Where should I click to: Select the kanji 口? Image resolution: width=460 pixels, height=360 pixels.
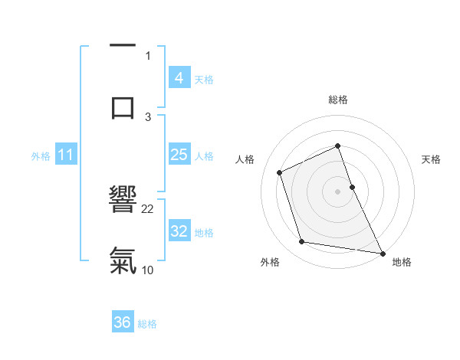click(x=123, y=106)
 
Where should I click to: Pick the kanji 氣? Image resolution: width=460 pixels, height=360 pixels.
click(x=123, y=260)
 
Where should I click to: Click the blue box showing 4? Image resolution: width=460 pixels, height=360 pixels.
click(x=179, y=77)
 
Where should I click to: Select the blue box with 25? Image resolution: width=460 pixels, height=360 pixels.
click(x=179, y=155)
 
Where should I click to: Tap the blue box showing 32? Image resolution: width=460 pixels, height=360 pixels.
click(x=179, y=231)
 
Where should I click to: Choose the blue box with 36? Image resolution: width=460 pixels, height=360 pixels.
click(x=123, y=322)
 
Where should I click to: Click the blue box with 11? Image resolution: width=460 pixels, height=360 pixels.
click(x=66, y=155)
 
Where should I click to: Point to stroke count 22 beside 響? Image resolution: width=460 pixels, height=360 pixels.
click(x=148, y=208)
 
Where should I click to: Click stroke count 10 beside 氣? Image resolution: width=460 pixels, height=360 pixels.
click(x=148, y=270)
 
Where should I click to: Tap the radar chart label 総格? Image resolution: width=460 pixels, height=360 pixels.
click(x=337, y=100)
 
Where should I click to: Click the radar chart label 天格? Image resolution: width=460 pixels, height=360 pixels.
click(x=431, y=159)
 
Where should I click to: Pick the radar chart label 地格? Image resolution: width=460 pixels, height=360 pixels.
click(x=402, y=262)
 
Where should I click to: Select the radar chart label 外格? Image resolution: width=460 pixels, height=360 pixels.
click(x=270, y=262)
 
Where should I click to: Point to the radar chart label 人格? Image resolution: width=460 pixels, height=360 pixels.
click(x=245, y=159)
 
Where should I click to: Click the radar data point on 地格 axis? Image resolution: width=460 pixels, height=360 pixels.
click(x=383, y=252)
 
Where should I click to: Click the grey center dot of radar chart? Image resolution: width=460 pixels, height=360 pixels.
click(x=337, y=191)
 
